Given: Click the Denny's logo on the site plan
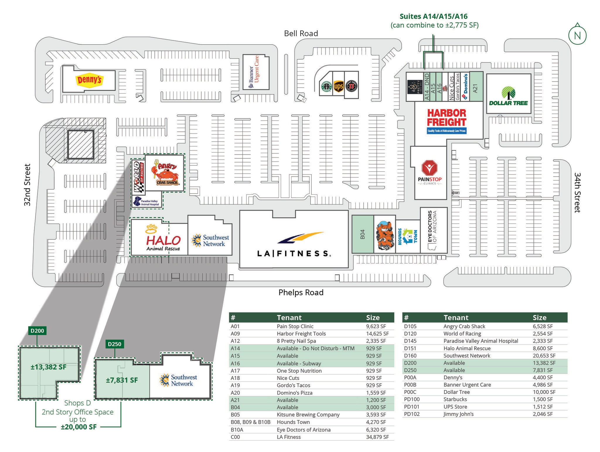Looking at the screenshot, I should [x=89, y=80].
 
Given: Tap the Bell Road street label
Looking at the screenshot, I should [x=301, y=33].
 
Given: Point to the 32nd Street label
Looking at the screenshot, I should [x=27, y=185].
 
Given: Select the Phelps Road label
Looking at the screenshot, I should [x=301, y=292].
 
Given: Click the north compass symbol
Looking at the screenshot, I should [x=577, y=35].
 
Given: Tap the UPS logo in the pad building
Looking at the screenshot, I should [x=338, y=87].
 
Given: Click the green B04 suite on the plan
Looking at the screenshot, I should [x=362, y=234].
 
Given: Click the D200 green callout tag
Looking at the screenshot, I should [x=37, y=331].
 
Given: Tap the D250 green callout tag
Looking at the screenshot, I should [x=115, y=344].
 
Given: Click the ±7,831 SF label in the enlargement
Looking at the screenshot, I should [x=122, y=380].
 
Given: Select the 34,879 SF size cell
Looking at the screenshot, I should [x=377, y=437].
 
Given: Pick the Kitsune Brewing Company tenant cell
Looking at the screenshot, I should [x=308, y=415].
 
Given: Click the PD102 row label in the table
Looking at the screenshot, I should [x=412, y=414].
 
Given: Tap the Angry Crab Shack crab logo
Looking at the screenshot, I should [x=166, y=174].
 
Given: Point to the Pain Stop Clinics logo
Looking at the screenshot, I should [x=429, y=173].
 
